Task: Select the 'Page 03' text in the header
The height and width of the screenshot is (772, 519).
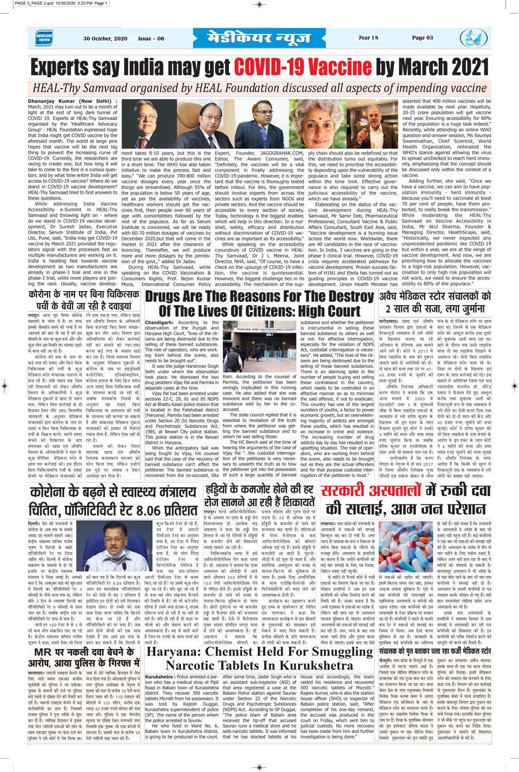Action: (x=422, y=38)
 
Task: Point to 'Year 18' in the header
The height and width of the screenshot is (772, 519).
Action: (x=368, y=38)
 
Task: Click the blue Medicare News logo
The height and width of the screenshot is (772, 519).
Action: (x=43, y=38)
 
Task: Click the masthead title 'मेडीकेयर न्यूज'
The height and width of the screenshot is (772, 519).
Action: (x=259, y=38)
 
